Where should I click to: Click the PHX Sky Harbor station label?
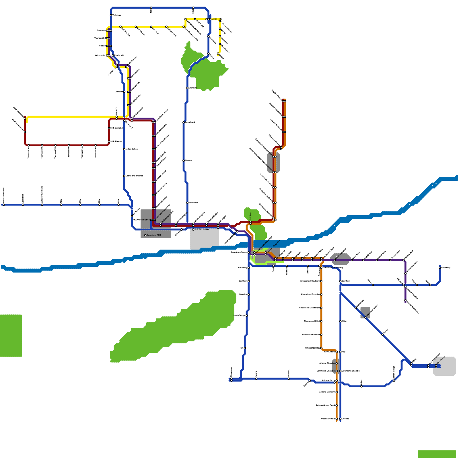coord(202,229)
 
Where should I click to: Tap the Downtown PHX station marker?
coord(145,235)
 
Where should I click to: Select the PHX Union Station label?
coord(141,220)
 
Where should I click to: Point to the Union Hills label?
coord(217,19)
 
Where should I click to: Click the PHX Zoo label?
coord(250,215)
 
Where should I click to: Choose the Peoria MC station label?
coord(119,55)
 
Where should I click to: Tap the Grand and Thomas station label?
coord(134,176)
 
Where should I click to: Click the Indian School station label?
coord(132,149)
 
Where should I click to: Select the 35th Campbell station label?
coord(117,128)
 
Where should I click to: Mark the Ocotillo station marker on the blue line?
coord(340,419)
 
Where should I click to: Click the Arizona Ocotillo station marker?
coord(337,419)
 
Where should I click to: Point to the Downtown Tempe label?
coord(239,252)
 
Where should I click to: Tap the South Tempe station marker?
coord(247,316)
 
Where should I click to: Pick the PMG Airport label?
coord(441,361)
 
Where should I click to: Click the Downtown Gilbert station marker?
coord(365,317)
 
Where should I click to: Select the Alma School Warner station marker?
coord(321,335)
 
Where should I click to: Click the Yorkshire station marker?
coord(111,15)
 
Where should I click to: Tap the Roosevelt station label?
coord(193,203)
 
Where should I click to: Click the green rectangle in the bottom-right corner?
coord(437,454)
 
